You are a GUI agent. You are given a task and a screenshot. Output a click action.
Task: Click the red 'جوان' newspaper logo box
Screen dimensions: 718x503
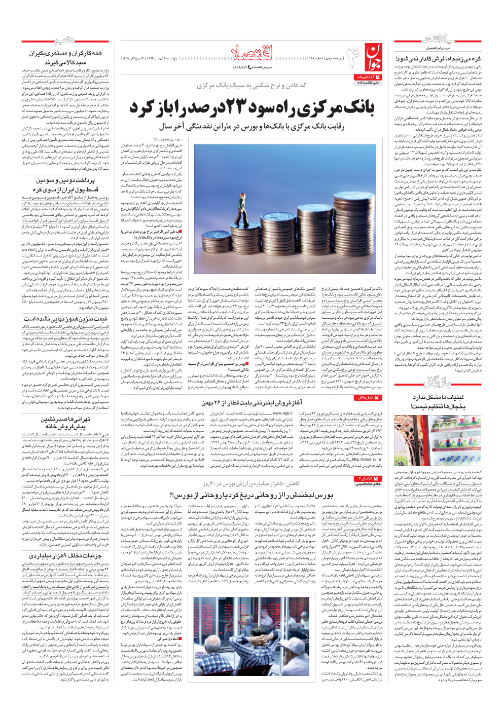tap(372, 56)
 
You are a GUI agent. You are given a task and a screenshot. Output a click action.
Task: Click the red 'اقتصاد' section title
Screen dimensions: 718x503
tap(252, 52)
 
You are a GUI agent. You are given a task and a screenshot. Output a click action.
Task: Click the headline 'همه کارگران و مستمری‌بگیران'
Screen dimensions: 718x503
tap(64, 53)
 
